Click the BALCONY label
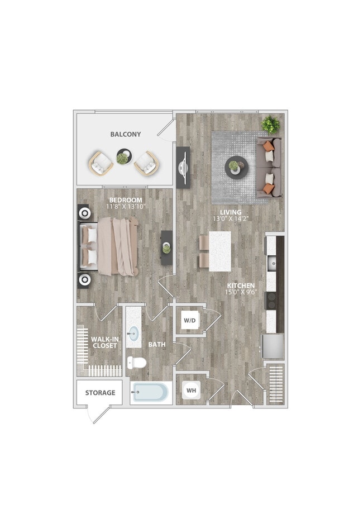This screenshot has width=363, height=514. [125, 135]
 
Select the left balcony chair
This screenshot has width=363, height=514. [101, 163]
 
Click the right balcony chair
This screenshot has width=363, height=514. [147, 163]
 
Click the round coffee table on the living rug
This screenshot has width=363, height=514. [235, 166]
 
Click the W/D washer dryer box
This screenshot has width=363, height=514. [189, 321]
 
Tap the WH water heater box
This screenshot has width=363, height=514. [190, 390]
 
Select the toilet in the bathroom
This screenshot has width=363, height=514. [136, 363]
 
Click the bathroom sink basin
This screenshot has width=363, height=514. [133, 334]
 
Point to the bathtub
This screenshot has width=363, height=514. [150, 393]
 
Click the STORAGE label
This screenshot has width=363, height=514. [101, 393]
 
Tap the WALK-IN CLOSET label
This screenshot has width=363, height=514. [104, 342]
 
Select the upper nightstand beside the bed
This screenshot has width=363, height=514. [85, 212]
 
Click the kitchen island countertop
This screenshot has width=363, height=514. [220, 250]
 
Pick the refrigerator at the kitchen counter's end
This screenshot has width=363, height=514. [273, 346]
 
